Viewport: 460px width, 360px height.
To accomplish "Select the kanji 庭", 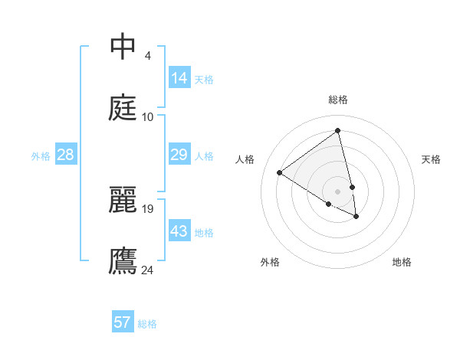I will pos(123,107).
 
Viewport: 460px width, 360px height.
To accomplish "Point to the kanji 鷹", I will pos(123,260).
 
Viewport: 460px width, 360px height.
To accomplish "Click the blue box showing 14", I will pos(179,78).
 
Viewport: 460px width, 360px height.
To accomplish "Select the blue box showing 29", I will pos(179,155).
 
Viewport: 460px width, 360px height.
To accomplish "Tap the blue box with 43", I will pos(179,231).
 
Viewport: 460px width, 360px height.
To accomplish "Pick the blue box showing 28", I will pos(65,155).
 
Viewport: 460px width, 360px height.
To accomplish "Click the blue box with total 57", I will pos(123,322).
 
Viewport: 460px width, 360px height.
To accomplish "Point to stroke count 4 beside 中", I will pos(148,56).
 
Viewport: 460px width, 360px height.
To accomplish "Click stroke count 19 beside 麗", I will pos(148,208).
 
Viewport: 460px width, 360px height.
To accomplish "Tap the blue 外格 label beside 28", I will pos(41,156).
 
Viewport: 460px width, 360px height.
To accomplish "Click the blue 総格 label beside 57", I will pos(147,324).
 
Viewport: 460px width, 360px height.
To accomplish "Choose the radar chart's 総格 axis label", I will pos(338,100).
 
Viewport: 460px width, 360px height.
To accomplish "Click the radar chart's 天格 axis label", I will pos(432,159).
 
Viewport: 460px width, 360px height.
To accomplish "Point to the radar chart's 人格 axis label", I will pos(245,159).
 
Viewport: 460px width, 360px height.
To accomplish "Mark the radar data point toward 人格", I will pos(279,172).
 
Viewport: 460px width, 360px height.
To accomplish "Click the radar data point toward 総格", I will pos(337,131).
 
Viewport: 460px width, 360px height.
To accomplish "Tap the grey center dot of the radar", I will pos(338,191).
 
